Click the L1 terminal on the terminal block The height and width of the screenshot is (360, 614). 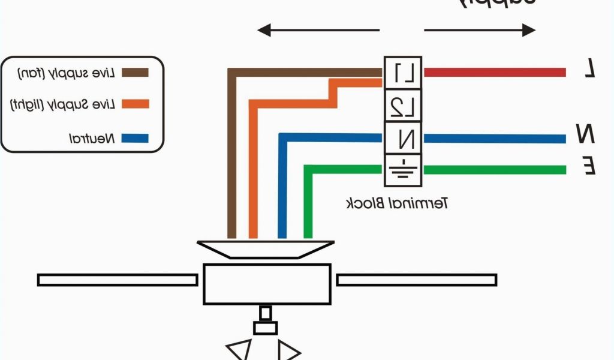403,73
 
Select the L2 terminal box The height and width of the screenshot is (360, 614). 403,106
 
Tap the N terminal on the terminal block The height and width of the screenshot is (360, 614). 403,139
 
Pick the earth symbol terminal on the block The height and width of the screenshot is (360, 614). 403,170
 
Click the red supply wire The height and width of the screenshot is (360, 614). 495,73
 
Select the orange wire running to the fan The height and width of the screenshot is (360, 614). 253,168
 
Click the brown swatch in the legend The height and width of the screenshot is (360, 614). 135,73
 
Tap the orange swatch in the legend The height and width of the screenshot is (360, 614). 135,104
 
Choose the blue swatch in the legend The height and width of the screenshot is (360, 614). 135,138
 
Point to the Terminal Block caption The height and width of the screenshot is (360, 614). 397,203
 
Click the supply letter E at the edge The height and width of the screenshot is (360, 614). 589,166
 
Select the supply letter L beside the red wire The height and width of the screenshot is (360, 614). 590,71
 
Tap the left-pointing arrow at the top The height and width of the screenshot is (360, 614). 318,30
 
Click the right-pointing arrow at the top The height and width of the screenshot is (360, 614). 480,30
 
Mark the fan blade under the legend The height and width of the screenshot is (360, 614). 118,280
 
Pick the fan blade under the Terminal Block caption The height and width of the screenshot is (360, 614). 416,280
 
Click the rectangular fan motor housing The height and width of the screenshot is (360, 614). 267,284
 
